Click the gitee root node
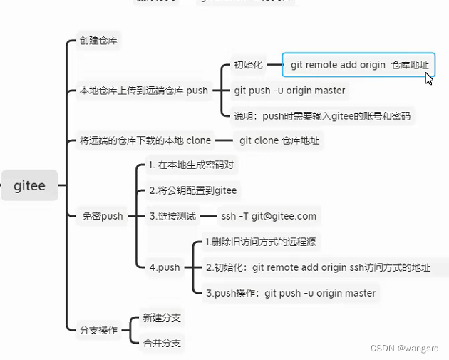pos(29,186)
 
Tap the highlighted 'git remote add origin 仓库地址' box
pos(358,65)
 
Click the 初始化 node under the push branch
pos(248,65)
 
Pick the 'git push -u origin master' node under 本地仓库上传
pos(289,91)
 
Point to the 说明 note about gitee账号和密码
pos(321,116)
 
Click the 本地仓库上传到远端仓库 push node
pos(143,91)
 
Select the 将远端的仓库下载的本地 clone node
pos(145,140)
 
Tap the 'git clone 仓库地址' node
pos(278,140)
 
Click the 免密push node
pos(103,216)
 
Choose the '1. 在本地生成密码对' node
pos(191,165)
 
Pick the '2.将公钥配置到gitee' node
pos(192,190)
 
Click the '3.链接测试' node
pos(170,216)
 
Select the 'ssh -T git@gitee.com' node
pos(269,216)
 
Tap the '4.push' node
pos(164,267)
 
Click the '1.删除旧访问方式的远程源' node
pos(260,242)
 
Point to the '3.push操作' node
pos(289,293)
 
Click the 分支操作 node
pos(97,330)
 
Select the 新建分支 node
pos(162,317)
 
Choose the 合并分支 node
pos(162,343)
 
